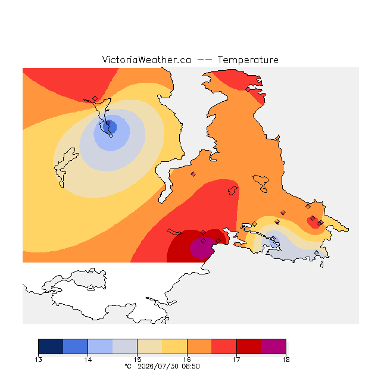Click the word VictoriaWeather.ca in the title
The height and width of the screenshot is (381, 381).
point(146,60)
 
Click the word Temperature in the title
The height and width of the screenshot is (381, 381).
point(248,60)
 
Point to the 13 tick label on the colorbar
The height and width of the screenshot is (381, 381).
point(38,360)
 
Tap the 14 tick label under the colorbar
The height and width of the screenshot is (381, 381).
point(88,360)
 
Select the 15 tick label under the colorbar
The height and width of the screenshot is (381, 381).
point(138,360)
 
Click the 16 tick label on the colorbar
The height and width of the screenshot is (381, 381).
point(187,360)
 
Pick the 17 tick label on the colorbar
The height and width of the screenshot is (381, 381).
point(236,360)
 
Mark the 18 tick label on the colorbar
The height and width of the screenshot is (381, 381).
point(286,360)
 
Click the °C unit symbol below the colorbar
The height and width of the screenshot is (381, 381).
point(128,366)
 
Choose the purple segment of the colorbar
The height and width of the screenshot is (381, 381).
point(273,346)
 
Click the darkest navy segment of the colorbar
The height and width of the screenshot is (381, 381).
point(51,346)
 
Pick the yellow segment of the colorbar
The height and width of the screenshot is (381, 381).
point(174,346)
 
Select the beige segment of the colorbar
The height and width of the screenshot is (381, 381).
point(149,346)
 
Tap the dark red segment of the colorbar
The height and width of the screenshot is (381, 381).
point(249,346)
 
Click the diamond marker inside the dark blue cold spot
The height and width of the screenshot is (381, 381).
point(108,123)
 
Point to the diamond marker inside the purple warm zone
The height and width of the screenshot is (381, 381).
point(204,241)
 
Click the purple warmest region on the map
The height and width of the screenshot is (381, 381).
point(201,248)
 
